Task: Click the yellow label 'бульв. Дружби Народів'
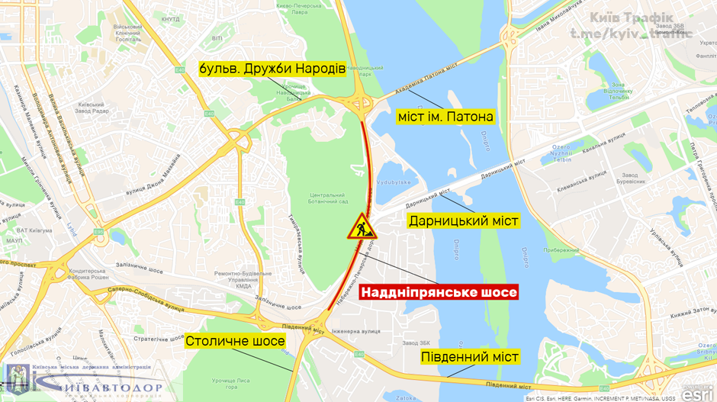point(272,67)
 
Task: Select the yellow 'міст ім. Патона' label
point(445,117)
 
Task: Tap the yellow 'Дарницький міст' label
point(463,221)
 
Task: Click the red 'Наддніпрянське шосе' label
point(439,291)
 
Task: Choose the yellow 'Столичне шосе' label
point(235,341)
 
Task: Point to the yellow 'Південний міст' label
point(470,357)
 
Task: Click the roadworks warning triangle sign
point(359,227)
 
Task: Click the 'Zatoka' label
point(407,397)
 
